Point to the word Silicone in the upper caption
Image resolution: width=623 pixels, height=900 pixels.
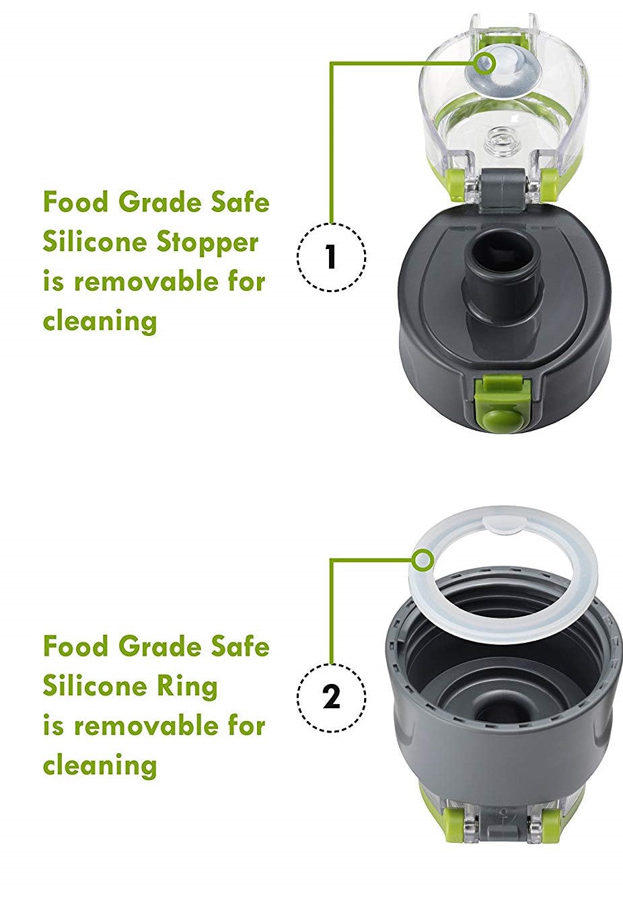pyautogui.click(x=95, y=242)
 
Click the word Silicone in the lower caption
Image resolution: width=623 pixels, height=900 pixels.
pyautogui.click(x=95, y=686)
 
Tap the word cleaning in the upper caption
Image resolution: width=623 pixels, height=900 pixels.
pyautogui.click(x=100, y=321)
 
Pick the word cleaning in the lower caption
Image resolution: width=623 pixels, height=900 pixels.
pyautogui.click(x=100, y=765)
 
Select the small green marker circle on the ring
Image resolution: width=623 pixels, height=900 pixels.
pyautogui.click(x=424, y=559)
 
